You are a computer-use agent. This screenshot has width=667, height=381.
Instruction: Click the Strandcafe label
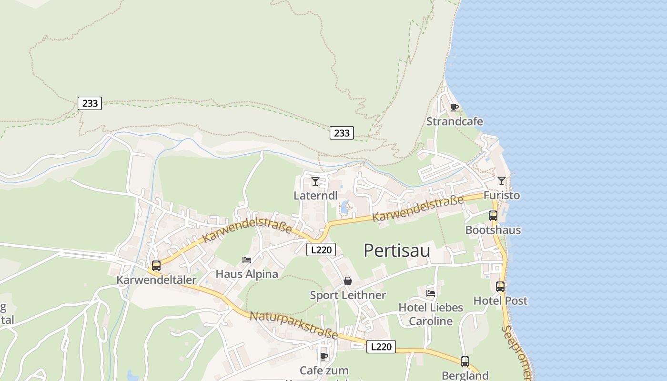[455, 121]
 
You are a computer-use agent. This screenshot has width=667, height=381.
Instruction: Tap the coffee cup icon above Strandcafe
[454, 107]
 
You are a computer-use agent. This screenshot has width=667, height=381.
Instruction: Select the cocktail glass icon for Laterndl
[315, 181]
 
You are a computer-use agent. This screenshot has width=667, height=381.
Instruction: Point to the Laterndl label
[315, 195]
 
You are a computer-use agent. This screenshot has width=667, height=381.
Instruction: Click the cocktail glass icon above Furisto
[501, 180]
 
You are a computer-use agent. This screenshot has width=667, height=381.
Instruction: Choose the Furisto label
[502, 195]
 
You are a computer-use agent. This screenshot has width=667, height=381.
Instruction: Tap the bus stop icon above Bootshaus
[493, 215]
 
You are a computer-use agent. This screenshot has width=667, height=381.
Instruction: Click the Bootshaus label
[493, 230]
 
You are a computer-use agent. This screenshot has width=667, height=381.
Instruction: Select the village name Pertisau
[397, 251]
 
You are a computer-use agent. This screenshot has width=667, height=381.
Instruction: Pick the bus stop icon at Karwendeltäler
[156, 266]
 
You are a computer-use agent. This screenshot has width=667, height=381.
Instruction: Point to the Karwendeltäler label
[156, 280]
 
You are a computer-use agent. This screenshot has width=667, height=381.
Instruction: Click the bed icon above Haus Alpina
[247, 260]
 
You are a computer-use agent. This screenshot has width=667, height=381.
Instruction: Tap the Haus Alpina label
[247, 274]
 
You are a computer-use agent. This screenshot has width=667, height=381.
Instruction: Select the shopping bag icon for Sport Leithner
[348, 281]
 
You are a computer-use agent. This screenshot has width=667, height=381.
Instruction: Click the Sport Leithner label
[348, 295]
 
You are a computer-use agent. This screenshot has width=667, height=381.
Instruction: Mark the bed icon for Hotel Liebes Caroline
[431, 293]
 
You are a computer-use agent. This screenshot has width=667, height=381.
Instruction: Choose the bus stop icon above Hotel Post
[500, 286]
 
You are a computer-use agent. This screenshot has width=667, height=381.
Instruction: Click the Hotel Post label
[500, 301]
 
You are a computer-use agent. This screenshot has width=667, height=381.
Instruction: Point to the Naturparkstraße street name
[294, 325]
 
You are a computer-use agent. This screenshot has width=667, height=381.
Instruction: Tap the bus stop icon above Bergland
[465, 361]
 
